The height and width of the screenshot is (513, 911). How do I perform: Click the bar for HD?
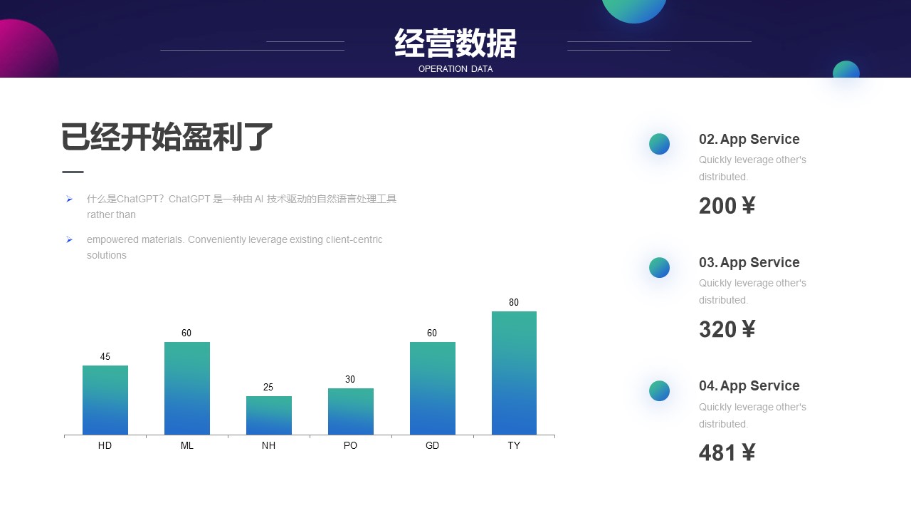tap(105, 400)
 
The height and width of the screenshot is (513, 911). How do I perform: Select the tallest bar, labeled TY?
tap(514, 373)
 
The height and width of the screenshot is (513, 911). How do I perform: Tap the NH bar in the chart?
tap(269, 415)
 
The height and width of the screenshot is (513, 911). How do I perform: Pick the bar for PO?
tap(351, 412)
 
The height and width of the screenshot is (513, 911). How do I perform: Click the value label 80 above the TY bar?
tap(514, 303)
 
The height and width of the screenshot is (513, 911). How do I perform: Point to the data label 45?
tap(105, 357)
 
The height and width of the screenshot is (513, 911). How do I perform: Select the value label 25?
tap(268, 387)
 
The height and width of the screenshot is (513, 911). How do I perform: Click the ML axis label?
tap(187, 445)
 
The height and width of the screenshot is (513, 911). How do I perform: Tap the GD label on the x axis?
tap(432, 445)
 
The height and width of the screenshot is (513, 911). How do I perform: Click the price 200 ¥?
tap(727, 206)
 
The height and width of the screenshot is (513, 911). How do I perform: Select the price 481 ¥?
tap(727, 452)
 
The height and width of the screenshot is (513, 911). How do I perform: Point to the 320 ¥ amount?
tap(727, 329)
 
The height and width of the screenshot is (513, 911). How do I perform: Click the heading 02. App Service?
tap(749, 139)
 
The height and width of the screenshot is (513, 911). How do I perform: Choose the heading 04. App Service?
tap(749, 385)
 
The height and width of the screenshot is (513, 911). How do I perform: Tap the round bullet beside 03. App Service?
tap(659, 267)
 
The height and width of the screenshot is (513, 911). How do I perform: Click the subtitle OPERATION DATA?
tap(455, 69)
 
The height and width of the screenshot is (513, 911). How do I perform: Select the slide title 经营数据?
tap(455, 43)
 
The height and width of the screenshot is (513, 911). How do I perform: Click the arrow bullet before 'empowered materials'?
tap(70, 239)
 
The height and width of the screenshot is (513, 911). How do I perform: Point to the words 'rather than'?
tap(111, 214)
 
